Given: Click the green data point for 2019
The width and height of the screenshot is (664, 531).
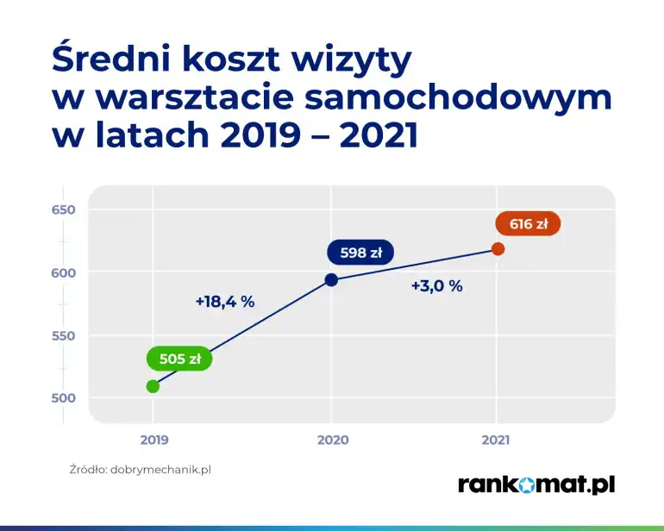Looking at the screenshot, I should (153, 386).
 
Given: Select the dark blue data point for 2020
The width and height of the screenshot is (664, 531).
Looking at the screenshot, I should (331, 279).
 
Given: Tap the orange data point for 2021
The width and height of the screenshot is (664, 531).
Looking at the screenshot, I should (498, 249).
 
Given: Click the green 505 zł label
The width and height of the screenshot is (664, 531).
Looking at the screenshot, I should (179, 359).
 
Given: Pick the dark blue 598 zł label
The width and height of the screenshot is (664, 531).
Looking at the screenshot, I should (360, 253).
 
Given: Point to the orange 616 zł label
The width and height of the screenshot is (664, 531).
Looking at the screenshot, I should (528, 224).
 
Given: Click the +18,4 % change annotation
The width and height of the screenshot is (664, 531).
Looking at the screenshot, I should (225, 302).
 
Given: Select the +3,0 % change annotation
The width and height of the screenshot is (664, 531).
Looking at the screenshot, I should (436, 286).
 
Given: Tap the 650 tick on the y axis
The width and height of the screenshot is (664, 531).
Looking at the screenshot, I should (65, 210).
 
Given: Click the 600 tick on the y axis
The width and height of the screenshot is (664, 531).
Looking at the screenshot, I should (65, 273).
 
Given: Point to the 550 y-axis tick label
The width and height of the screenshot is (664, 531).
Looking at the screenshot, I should (65, 336).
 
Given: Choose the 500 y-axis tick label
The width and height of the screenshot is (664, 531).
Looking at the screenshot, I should (65, 398).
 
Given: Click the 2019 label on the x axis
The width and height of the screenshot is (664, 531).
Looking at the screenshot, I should (154, 440).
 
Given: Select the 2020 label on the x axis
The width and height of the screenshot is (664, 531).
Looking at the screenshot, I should (332, 440).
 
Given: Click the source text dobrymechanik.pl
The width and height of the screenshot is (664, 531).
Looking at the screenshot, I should (160, 471).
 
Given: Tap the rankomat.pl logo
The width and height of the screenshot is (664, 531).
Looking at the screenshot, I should (536, 484).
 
